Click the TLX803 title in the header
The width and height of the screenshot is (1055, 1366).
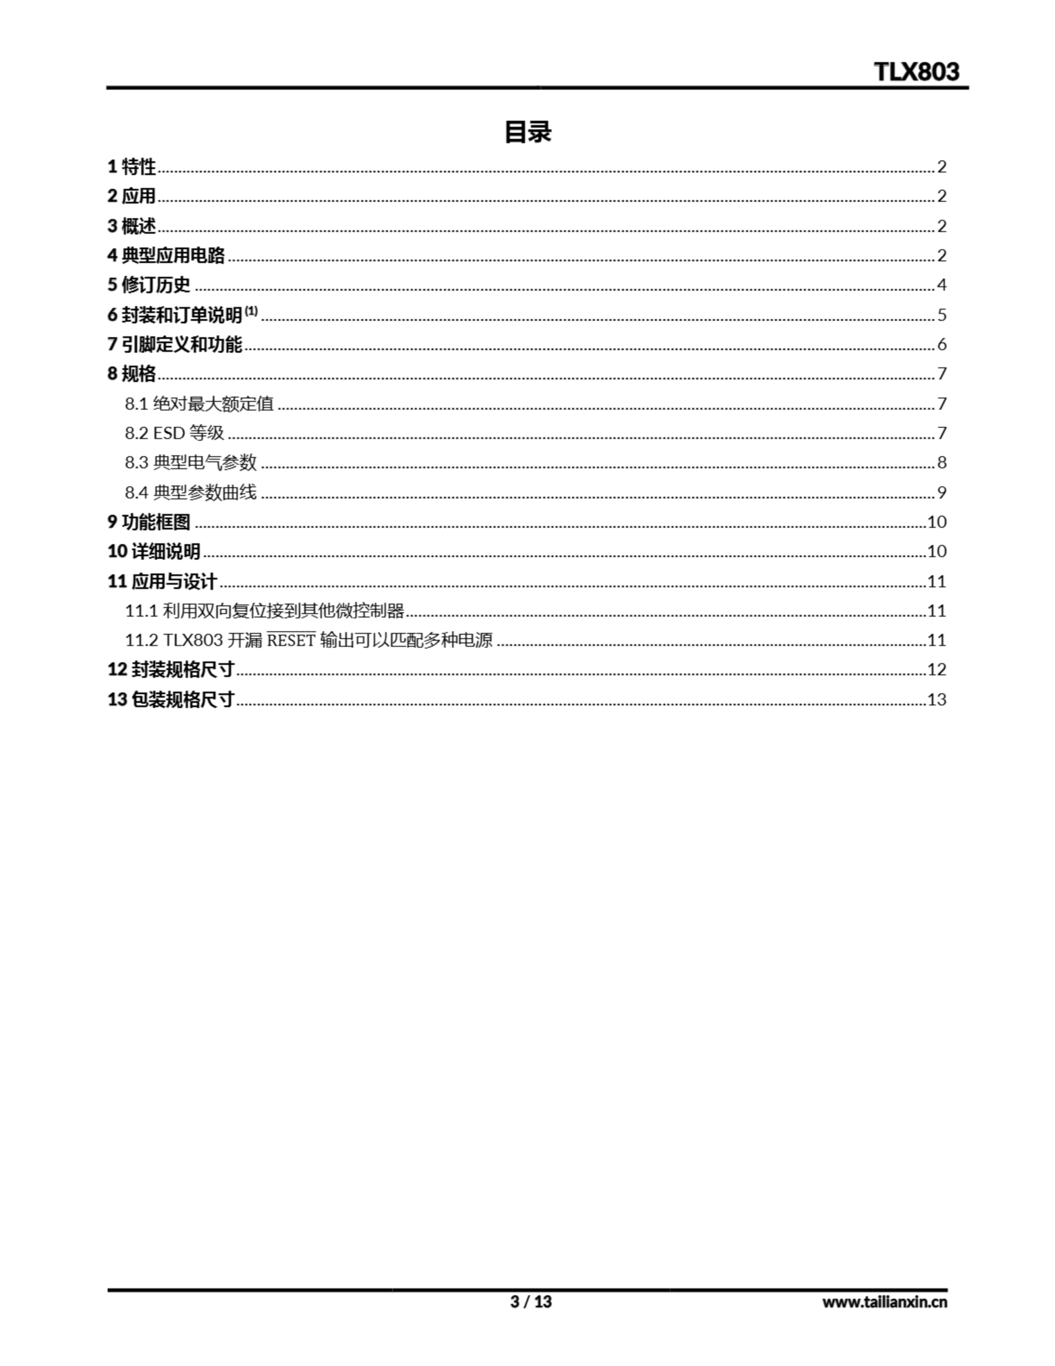(x=916, y=72)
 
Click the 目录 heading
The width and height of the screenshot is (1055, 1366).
(x=527, y=132)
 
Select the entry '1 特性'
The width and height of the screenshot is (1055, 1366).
(x=131, y=167)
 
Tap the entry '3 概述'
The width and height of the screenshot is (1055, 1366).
(x=131, y=226)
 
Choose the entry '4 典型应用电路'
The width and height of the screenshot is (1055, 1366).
(x=166, y=255)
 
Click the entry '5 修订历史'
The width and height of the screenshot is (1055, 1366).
(x=149, y=284)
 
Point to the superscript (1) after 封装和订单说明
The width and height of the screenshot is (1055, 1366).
(x=251, y=311)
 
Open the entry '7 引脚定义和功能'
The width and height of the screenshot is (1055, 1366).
(x=174, y=344)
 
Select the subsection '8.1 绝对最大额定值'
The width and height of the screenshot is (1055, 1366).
(x=199, y=403)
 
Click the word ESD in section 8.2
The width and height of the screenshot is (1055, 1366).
(x=170, y=433)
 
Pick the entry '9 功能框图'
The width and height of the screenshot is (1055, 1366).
(x=149, y=522)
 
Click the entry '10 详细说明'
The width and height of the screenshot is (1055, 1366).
(x=154, y=551)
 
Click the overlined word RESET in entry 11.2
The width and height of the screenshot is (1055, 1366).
(x=291, y=640)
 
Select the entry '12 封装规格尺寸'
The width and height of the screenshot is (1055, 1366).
(x=171, y=669)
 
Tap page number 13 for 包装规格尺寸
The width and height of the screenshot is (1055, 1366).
(x=936, y=699)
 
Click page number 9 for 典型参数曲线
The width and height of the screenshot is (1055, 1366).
(x=941, y=492)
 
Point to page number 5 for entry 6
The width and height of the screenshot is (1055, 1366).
(x=941, y=315)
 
